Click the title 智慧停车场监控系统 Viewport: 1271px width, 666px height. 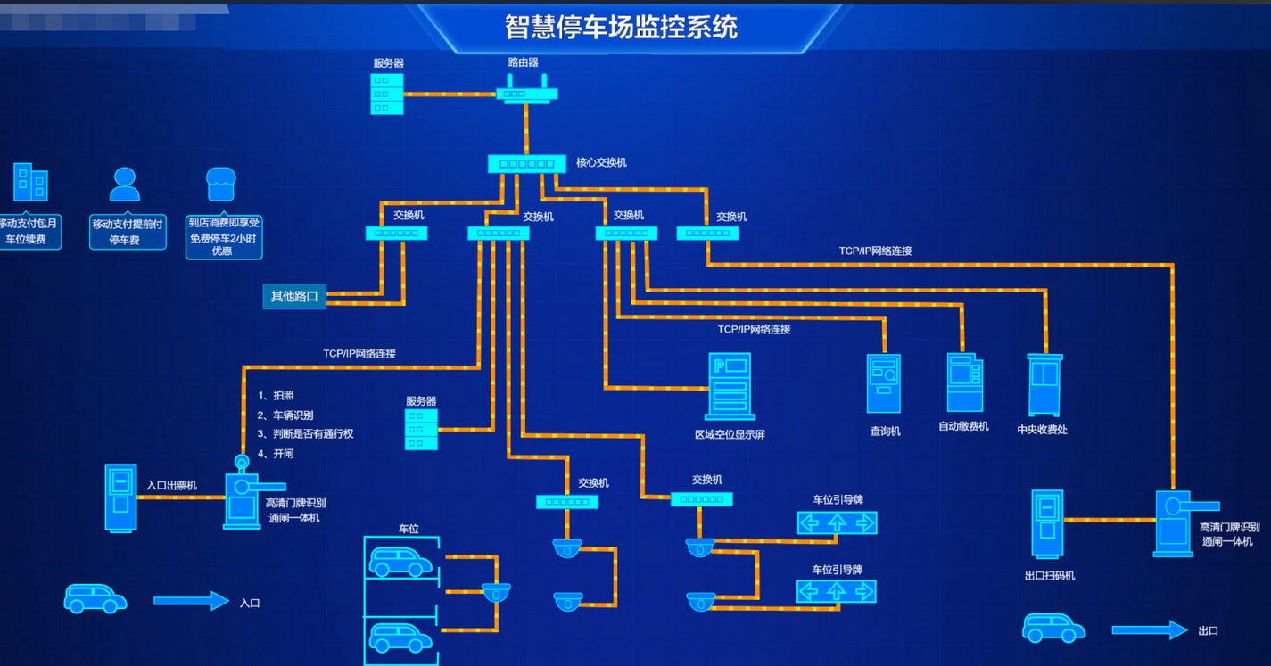coord(621,27)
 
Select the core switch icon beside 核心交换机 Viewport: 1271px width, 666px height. coord(526,164)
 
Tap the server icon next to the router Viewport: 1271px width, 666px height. coord(387,94)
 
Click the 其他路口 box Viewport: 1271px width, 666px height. coord(294,296)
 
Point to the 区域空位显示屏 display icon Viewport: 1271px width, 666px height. coord(730,386)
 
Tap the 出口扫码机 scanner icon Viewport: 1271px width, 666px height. coord(1048,524)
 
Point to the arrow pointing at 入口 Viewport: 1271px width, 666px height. coord(191,601)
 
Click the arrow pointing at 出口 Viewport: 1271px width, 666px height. coord(1150,630)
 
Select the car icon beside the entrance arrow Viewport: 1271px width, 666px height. coord(95,598)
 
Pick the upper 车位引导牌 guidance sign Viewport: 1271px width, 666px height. coord(837,522)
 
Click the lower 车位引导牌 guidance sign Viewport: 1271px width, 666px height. coord(836,591)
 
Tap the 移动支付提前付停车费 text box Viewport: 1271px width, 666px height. coord(128,231)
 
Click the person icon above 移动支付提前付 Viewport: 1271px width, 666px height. coord(125,185)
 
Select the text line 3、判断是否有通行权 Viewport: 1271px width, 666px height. coord(306,434)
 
